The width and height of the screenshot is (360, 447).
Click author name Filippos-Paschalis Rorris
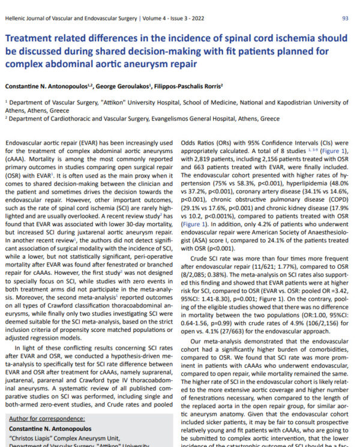[x=191, y=86]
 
